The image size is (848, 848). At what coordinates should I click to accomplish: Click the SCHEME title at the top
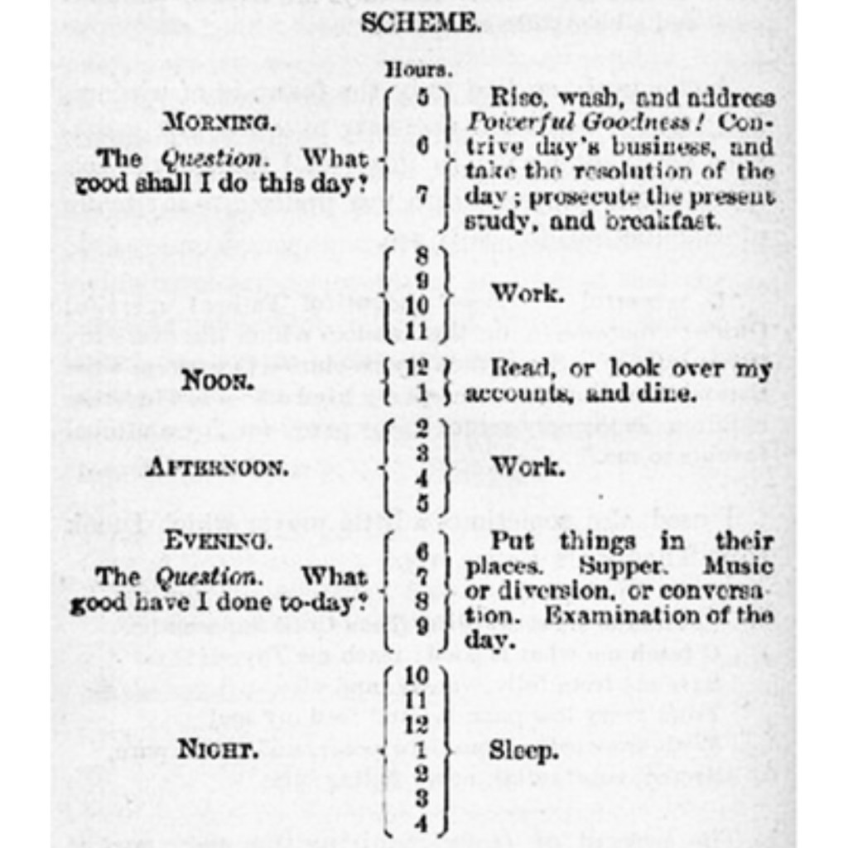tap(420, 23)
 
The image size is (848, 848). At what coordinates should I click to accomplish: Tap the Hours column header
tap(418, 70)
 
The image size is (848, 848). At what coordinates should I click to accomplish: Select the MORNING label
tap(217, 122)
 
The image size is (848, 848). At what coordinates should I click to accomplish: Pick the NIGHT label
tap(217, 750)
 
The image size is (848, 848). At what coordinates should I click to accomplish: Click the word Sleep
tap(523, 751)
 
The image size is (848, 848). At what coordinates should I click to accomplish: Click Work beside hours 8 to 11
tap(528, 294)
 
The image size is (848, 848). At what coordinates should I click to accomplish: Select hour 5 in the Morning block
tap(422, 98)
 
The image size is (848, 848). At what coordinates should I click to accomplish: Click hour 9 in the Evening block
tap(422, 627)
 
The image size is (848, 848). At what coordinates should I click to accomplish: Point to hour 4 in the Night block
tap(421, 823)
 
